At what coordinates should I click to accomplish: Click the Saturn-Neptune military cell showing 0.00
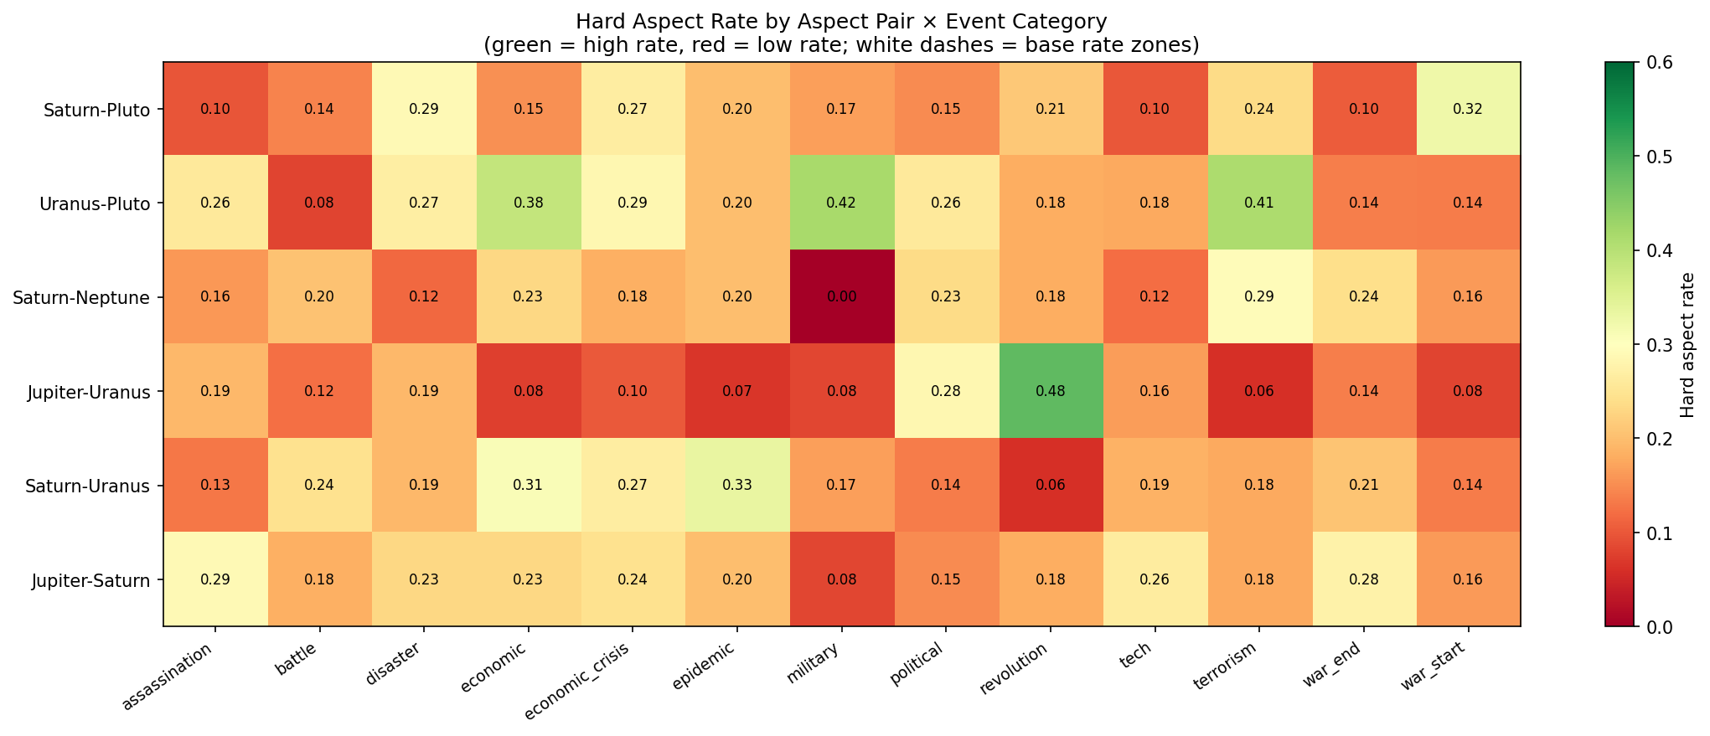tap(841, 296)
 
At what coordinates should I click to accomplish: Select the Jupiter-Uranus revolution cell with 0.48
tap(1050, 390)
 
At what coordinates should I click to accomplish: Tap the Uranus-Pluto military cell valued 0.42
tap(841, 202)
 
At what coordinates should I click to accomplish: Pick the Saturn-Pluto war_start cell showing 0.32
tap(1468, 108)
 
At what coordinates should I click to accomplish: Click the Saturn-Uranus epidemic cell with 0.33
tap(736, 485)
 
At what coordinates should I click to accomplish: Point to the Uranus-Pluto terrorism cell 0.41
tap(1258, 202)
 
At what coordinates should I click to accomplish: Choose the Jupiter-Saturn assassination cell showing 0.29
tap(215, 579)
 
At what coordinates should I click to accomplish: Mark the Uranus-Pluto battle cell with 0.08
tap(319, 202)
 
